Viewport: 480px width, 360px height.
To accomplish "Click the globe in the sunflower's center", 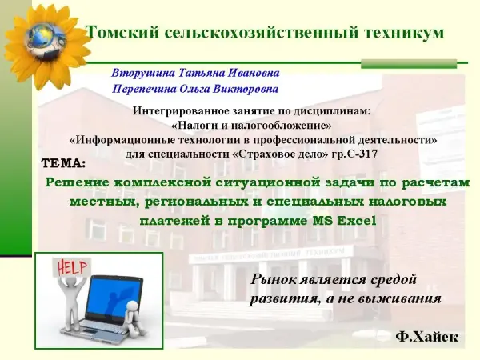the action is [x=43, y=39].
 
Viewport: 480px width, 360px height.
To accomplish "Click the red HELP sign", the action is [x=72, y=267].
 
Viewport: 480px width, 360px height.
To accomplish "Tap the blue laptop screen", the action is [x=113, y=298].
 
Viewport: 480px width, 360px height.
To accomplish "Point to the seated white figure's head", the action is [x=133, y=306].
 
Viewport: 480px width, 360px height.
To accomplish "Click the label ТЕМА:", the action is [x=64, y=163].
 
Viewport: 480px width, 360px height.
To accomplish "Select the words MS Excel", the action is [x=344, y=221].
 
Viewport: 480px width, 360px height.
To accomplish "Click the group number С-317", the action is [x=362, y=154].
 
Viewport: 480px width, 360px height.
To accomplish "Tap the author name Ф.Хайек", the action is [x=426, y=337].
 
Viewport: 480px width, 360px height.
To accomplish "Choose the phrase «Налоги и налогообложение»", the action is [x=251, y=126].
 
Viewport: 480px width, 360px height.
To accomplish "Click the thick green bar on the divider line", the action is [x=409, y=64].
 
